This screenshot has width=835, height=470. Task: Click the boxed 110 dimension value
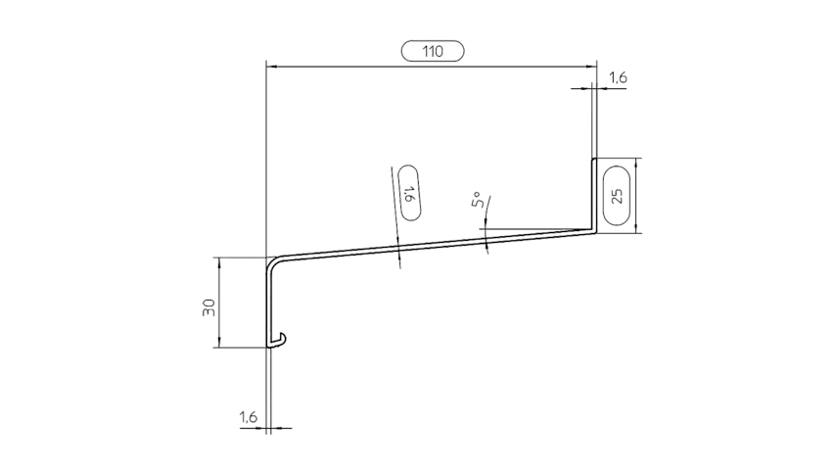432,51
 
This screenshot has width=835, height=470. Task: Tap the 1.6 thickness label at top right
619,75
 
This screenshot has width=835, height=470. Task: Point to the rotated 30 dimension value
209,307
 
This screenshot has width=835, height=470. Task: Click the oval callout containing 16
409,194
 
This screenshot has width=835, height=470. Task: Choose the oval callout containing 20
615,195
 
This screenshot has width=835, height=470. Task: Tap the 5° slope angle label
480,203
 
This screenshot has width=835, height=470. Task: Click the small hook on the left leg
280,340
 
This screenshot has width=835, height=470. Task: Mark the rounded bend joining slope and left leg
272,261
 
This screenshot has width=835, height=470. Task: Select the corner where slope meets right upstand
594,231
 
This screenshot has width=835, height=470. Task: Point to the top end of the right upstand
594,160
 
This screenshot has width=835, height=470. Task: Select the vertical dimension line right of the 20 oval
638,196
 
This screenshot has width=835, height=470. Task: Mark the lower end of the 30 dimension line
222,346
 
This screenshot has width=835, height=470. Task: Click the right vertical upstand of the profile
594,196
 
